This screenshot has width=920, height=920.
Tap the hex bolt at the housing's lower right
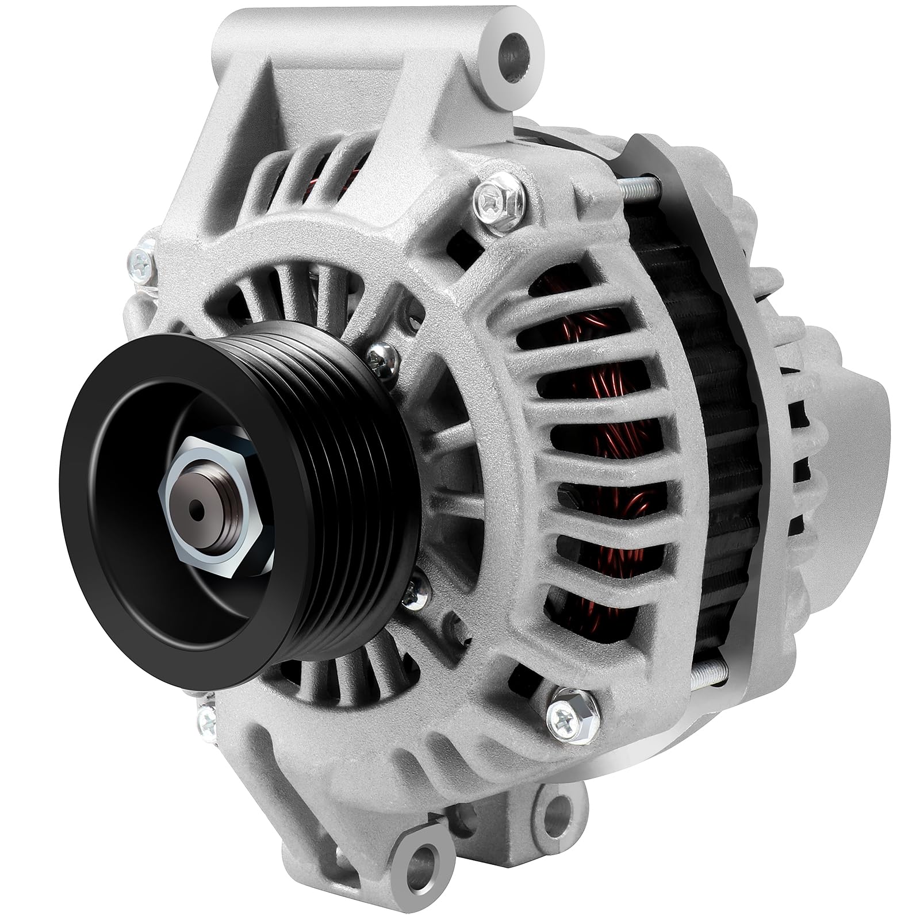pos(566,715)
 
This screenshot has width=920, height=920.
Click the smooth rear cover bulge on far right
pos(857,414)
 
